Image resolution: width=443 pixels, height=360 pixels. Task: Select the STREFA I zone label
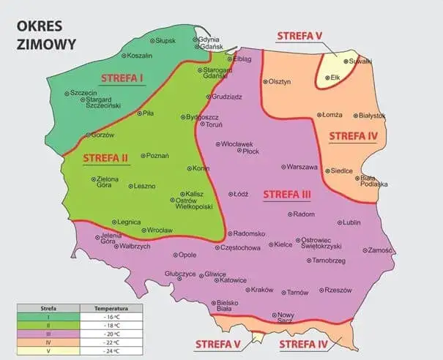click(122, 78)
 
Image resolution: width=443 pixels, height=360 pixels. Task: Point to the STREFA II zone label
click(105, 157)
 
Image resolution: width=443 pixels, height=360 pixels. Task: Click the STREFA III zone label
click(286, 195)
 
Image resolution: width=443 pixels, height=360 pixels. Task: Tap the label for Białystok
click(372, 116)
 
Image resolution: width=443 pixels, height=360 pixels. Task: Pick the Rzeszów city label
click(338, 290)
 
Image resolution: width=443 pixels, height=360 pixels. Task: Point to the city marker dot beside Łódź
click(228, 195)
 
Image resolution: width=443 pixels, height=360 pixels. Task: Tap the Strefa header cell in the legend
click(49, 310)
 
